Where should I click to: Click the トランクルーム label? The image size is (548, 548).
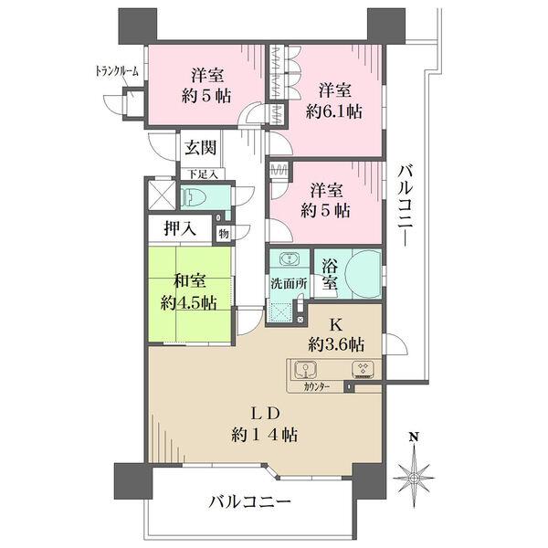[117, 71]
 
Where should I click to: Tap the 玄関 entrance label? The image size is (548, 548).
[200, 147]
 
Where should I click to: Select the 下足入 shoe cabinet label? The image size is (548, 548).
[203, 174]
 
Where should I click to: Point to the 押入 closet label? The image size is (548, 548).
[180, 229]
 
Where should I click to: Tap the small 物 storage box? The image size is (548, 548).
[224, 234]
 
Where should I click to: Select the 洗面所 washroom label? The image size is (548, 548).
[289, 283]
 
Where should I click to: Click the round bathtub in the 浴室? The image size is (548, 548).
[363, 273]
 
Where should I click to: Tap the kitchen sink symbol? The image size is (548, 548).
[305, 370]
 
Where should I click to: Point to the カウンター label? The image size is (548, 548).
[317, 387]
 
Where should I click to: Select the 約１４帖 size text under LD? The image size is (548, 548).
[264, 436]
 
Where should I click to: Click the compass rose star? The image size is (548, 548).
[414, 477]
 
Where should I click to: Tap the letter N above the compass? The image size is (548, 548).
[414, 437]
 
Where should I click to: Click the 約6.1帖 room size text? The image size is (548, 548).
[333, 111]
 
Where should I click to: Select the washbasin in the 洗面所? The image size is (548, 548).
[290, 259]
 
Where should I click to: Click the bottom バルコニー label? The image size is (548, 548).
[250, 502]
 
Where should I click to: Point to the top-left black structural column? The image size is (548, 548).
[138, 26]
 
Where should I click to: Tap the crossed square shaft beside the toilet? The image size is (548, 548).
[163, 195]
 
